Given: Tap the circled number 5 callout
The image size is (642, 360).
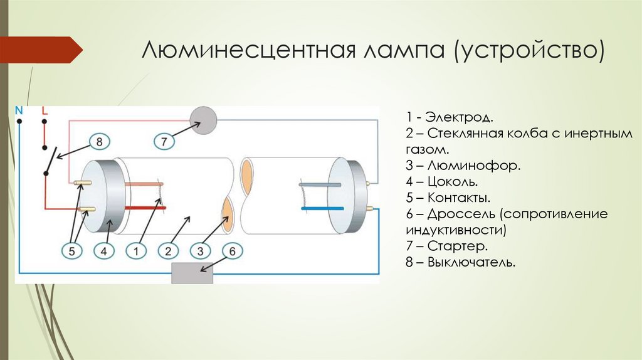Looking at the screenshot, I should (x=71, y=251).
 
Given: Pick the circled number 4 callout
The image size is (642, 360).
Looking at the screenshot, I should (x=104, y=251).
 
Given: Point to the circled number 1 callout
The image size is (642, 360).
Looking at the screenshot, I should (x=136, y=251).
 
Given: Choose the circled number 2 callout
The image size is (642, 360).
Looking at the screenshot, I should (x=168, y=251).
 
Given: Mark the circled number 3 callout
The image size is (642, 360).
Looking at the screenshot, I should (x=200, y=251).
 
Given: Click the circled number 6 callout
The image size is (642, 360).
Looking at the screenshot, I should (x=232, y=251).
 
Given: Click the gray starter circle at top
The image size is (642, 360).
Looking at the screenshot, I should (x=203, y=118).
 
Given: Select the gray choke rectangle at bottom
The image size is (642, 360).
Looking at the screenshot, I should (x=192, y=273).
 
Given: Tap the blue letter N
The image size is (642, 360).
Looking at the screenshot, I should (x=19, y=110).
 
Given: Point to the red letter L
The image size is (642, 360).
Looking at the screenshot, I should (x=44, y=110).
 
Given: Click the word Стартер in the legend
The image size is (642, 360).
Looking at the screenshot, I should (x=458, y=246).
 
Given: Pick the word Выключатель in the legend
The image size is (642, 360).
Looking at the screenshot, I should (x=471, y=262).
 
